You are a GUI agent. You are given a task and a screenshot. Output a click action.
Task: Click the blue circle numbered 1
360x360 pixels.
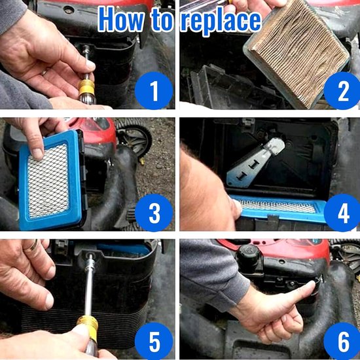[x=154, y=91]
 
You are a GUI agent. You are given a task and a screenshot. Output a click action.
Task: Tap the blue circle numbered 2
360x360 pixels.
[x=342, y=91]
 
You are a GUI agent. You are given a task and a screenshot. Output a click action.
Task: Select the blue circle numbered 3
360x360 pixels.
[x=154, y=213]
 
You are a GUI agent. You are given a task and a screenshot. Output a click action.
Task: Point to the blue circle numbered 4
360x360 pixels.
[x=342, y=213]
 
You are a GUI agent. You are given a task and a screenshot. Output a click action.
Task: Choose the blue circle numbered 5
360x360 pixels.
[x=154, y=341]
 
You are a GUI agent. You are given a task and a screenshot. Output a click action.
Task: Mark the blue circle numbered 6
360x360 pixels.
[x=342, y=341]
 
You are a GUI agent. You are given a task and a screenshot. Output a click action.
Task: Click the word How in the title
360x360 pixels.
[x=121, y=19]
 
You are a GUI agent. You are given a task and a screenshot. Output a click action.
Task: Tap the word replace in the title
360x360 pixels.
[x=221, y=21]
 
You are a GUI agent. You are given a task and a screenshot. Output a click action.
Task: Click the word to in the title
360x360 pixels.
[x=162, y=20]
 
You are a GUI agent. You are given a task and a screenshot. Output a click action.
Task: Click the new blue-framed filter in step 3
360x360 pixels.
[x=51, y=181]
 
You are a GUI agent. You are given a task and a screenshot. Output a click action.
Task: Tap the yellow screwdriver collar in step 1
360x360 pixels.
[x=86, y=87]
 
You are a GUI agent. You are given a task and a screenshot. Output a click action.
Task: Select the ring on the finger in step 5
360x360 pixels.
[x=32, y=245]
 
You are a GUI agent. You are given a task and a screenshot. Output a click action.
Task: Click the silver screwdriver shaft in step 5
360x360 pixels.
[x=89, y=286]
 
